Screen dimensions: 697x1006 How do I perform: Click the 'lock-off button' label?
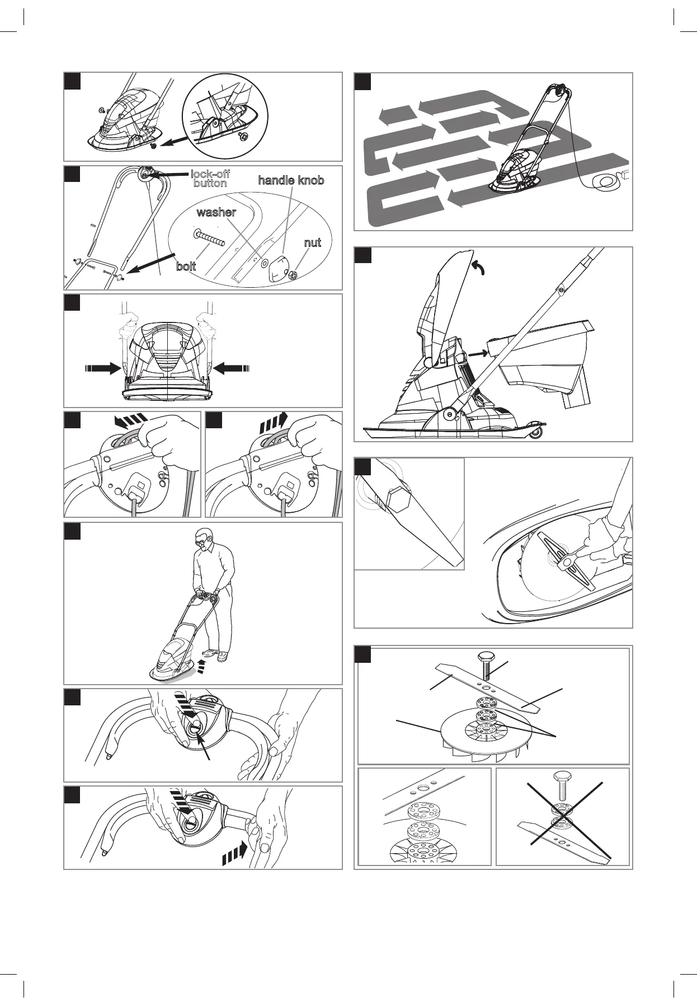(x=210, y=179)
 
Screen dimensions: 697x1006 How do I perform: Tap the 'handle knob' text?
(x=291, y=180)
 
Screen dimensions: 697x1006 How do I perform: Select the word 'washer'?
(x=216, y=213)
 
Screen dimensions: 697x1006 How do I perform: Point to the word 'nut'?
(x=313, y=243)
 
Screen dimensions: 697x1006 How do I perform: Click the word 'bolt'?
(x=186, y=266)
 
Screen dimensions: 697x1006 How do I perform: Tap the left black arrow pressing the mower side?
(x=103, y=368)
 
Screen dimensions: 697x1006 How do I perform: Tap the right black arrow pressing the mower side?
(x=233, y=368)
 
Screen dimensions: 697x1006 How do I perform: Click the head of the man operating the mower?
(x=205, y=539)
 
